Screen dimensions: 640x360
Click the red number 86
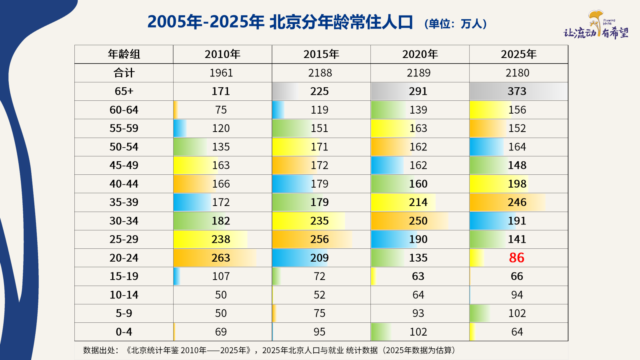[x=516, y=258]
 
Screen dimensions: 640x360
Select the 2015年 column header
[x=321, y=54]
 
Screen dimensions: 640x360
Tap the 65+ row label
[x=124, y=91]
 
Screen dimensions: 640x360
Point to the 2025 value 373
[x=517, y=91]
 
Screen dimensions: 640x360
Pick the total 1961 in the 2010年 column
[x=221, y=73]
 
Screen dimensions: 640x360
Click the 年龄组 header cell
[x=124, y=54]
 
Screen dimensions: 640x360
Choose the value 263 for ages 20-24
[x=221, y=258]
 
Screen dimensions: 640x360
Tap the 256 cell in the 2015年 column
[x=320, y=239]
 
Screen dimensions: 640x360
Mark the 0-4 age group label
[x=124, y=332]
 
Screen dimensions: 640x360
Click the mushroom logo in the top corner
[x=596, y=22]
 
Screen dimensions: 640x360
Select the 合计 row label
[x=124, y=73]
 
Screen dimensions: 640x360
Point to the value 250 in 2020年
[x=418, y=221]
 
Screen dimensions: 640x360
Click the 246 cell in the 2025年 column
[x=517, y=202]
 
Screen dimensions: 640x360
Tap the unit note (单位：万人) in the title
[x=456, y=24]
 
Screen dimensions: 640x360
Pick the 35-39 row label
[x=124, y=202]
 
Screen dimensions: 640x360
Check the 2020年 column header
[x=420, y=54]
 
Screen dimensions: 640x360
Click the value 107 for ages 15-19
[x=221, y=276]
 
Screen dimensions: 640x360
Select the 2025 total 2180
[x=518, y=73]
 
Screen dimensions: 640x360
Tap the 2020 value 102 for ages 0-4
[x=418, y=332]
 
